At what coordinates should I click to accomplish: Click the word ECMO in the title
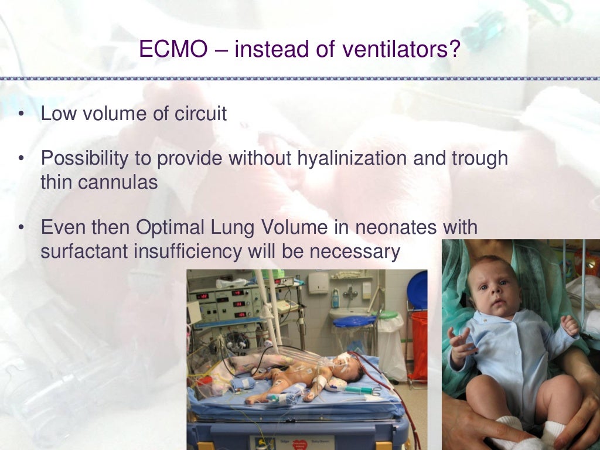click(174, 49)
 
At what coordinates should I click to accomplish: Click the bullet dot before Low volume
click(22, 114)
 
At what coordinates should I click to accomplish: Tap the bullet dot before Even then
click(22, 227)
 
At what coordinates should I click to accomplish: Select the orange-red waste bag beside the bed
click(419, 345)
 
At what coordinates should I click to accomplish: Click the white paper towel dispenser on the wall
click(318, 282)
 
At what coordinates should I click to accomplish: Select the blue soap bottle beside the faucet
click(335, 298)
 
